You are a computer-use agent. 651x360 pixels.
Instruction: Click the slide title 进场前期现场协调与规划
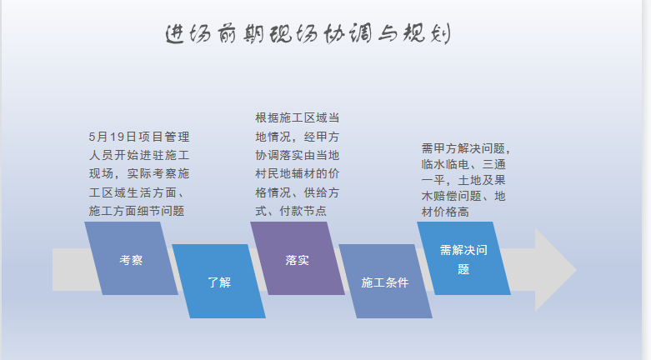[308, 33]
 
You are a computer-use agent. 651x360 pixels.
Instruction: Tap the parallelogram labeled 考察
[131, 258]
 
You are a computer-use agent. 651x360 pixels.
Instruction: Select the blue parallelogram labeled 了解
[218, 281]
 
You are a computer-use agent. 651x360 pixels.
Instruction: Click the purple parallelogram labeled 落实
[298, 258]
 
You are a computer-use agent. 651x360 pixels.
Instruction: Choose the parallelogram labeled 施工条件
[385, 281]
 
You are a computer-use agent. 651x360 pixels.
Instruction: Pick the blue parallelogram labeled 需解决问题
[463, 258]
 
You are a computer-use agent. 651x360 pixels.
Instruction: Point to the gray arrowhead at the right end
[555, 270]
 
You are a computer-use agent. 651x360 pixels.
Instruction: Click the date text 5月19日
[113, 137]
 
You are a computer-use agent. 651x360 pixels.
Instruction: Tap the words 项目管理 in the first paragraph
[164, 137]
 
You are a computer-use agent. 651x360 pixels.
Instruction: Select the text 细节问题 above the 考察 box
[161, 211]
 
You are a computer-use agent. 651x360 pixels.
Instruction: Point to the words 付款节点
[303, 211]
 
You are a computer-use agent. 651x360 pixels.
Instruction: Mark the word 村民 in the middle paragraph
[268, 173]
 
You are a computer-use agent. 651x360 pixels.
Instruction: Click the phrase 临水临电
[445, 164]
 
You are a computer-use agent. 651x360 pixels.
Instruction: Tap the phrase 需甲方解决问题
[463, 148]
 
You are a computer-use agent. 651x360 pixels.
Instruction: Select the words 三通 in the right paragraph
[494, 164]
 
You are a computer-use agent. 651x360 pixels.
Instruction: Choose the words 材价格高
[445, 212]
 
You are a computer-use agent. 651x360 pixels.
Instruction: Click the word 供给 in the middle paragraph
[316, 192]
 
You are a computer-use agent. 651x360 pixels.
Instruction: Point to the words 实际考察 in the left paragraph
[152, 173]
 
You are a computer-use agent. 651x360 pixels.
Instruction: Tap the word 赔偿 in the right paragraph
[445, 196]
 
